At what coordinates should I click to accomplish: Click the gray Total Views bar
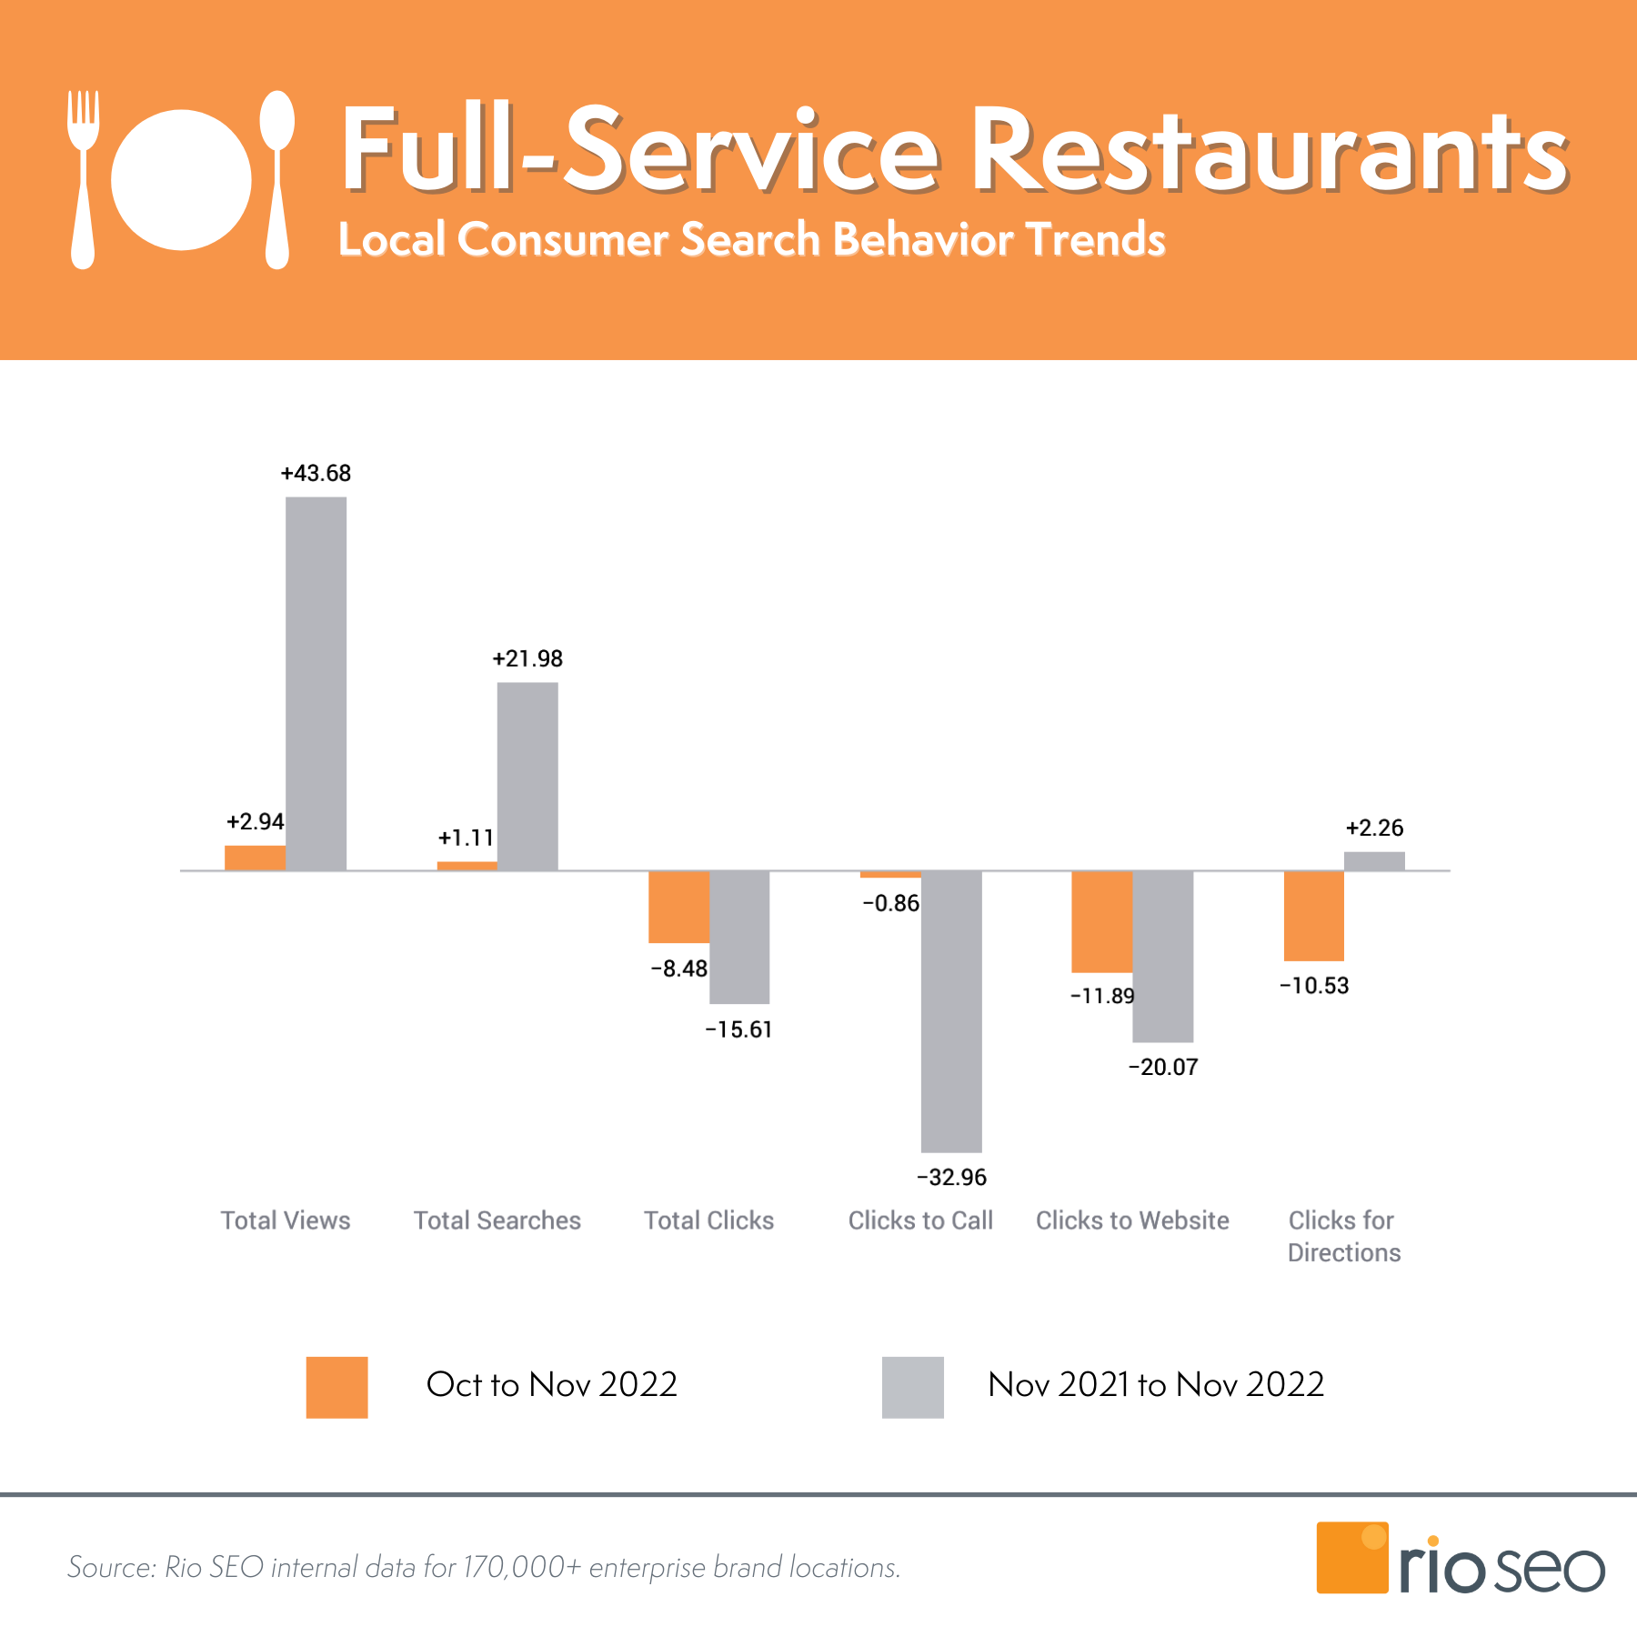[316, 683]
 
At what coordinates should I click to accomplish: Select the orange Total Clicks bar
[678, 907]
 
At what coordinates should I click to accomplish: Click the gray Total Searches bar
[527, 777]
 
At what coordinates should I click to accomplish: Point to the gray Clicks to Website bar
[1162, 956]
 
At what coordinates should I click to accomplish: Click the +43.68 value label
[316, 473]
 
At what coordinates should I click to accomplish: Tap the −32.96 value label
[951, 1177]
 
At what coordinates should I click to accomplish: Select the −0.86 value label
[890, 903]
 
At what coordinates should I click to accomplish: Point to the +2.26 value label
[1374, 828]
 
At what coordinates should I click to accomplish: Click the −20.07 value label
[1163, 1067]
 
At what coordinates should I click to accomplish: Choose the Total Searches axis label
[497, 1220]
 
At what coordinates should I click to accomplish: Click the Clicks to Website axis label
[1132, 1220]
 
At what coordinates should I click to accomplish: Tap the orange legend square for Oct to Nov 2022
[336, 1387]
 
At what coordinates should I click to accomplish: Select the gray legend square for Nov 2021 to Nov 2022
[912, 1387]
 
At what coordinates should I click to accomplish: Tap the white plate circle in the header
[181, 179]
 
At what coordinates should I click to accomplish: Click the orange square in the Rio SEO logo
[1351, 1557]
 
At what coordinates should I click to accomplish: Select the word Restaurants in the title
[1270, 150]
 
